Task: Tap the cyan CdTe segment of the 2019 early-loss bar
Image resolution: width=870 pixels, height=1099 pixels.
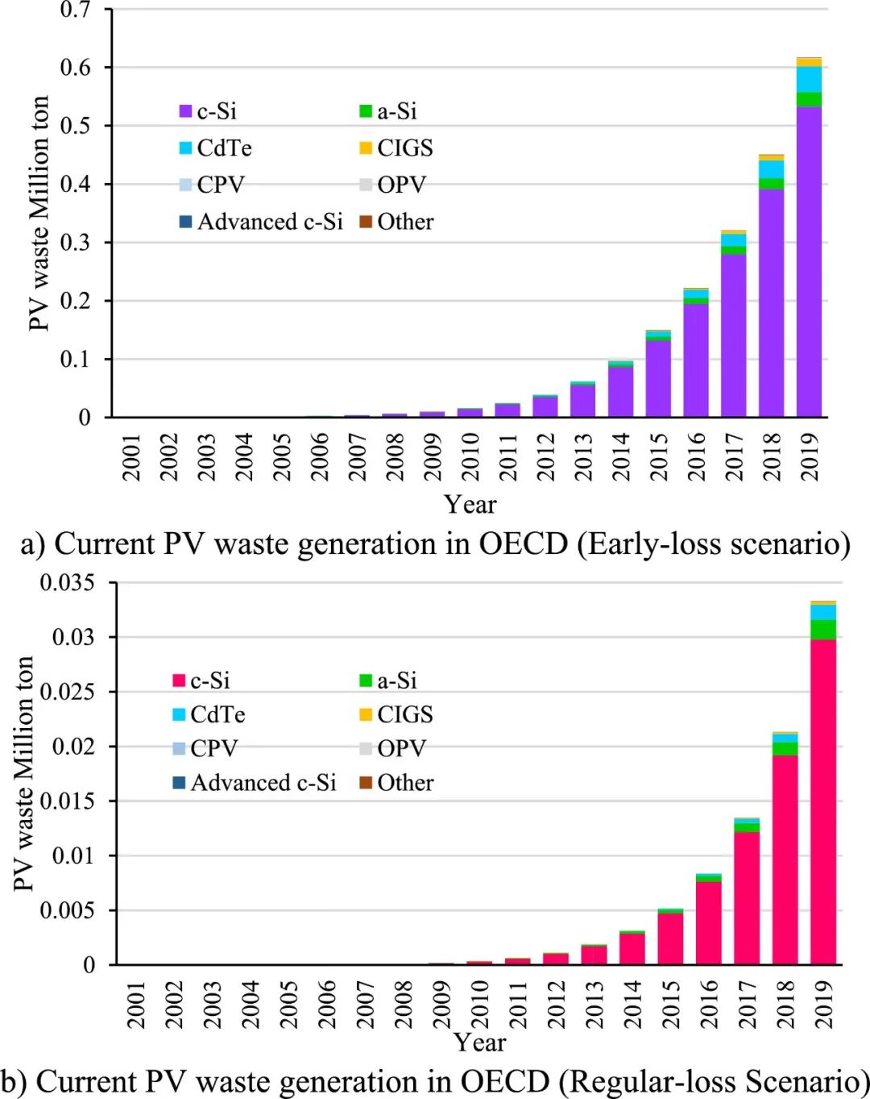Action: point(809,80)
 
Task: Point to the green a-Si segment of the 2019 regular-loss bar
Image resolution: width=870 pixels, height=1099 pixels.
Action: point(822,630)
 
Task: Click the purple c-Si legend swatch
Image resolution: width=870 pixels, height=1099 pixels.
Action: point(185,111)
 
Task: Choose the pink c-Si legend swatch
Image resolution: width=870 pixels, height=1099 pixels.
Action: point(179,681)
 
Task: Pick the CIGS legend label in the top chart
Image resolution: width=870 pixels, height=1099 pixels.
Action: point(405,148)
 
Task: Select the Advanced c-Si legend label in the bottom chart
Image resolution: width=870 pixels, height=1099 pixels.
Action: point(263,783)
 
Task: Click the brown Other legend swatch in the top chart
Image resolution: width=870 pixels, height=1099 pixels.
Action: point(366,222)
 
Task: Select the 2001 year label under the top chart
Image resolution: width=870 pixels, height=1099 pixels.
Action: point(131,457)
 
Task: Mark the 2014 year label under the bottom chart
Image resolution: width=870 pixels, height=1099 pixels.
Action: point(632,1004)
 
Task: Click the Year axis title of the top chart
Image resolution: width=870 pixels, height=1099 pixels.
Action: point(470,505)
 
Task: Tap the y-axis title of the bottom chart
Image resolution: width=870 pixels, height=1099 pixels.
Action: point(24,773)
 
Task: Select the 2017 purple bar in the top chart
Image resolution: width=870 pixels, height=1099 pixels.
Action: point(733,335)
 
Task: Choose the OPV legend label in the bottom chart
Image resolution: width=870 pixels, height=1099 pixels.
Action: point(401,749)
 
